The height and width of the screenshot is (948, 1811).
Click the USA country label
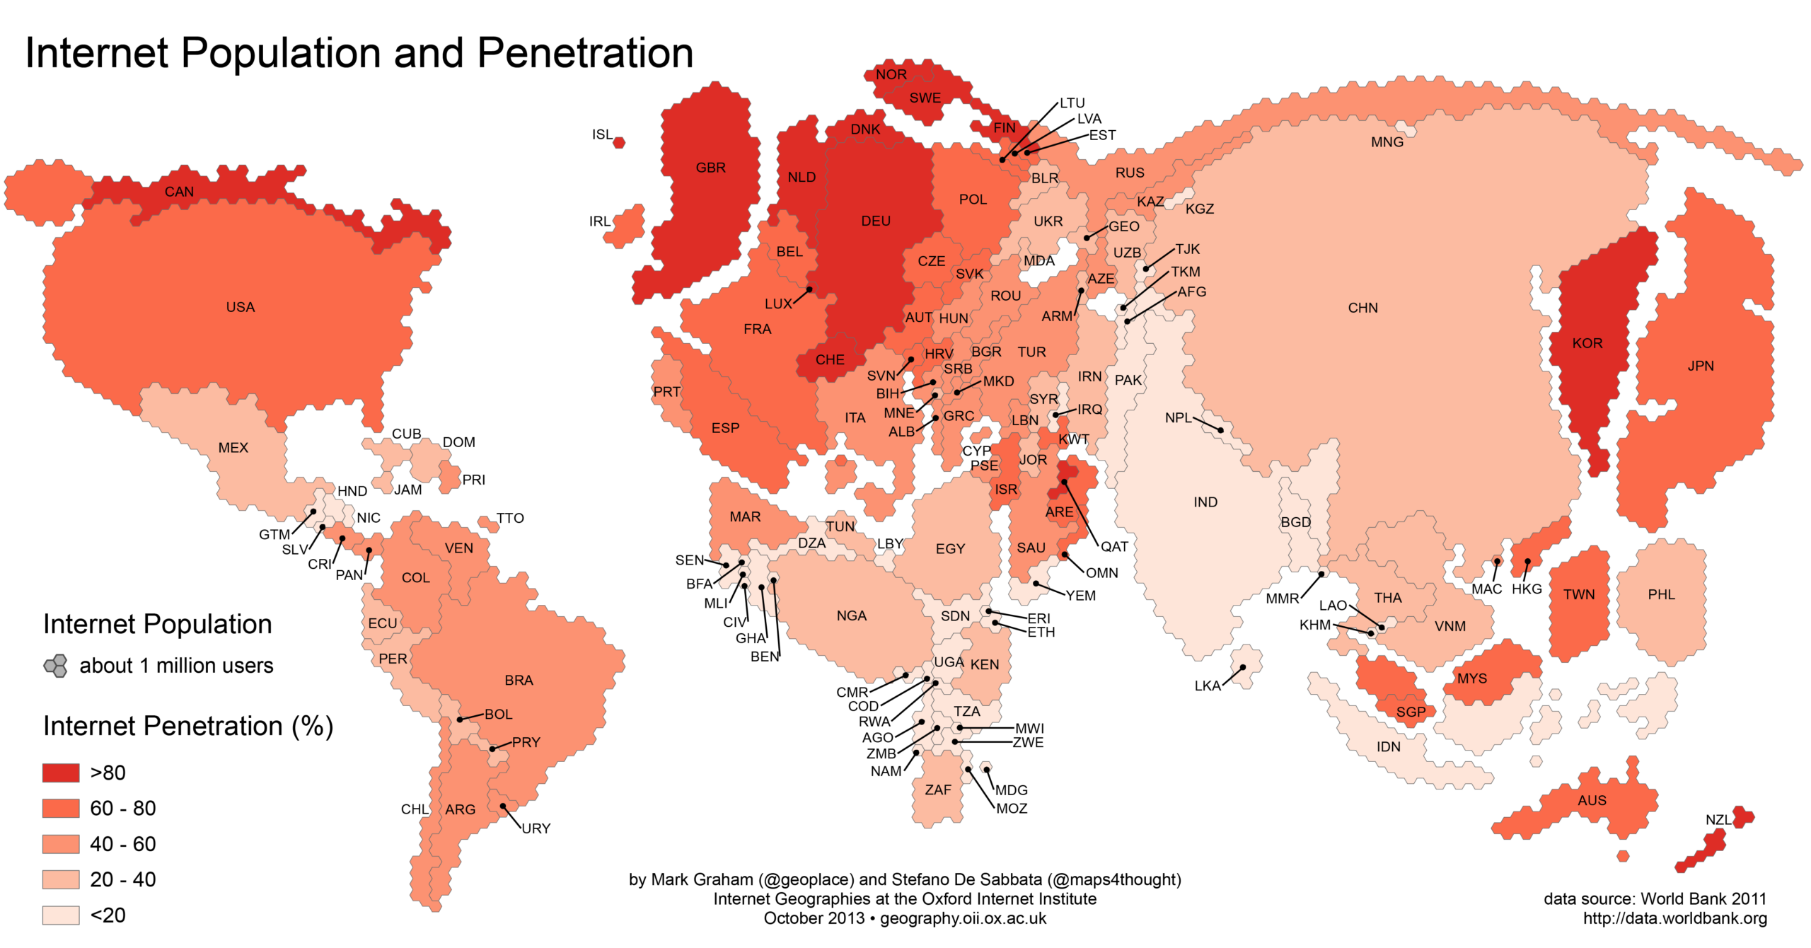(241, 307)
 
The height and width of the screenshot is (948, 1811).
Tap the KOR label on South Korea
(1587, 343)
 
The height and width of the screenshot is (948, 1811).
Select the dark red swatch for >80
(61, 773)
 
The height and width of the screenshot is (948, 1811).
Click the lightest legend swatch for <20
(61, 915)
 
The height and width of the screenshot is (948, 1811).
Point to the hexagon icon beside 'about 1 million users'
(56, 666)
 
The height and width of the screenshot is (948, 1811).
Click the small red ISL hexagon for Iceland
(619, 143)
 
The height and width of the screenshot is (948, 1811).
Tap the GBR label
(710, 168)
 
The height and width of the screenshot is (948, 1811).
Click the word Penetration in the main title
(585, 53)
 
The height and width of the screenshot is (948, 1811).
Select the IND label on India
(1205, 502)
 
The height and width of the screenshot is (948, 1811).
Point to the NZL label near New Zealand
(1718, 820)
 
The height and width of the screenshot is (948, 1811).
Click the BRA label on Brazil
(519, 680)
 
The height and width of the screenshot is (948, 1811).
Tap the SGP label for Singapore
(1411, 712)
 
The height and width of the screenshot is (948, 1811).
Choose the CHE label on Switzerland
(830, 359)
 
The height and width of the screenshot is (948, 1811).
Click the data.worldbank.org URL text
(1674, 918)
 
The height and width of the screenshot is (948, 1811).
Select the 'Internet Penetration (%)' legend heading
(188, 727)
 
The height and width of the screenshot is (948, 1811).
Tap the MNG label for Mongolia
(1387, 142)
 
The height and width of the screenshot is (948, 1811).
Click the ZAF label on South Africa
(938, 790)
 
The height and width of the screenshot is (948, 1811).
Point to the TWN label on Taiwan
(1579, 594)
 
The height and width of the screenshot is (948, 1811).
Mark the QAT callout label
(1114, 546)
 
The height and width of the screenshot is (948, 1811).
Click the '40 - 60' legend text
(123, 844)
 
